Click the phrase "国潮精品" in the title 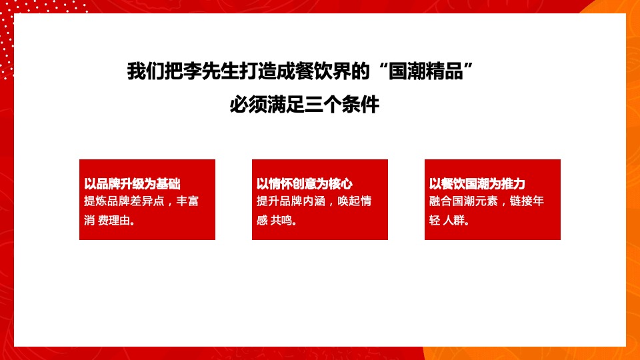434,71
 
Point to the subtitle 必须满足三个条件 304,105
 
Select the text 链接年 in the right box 527,201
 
